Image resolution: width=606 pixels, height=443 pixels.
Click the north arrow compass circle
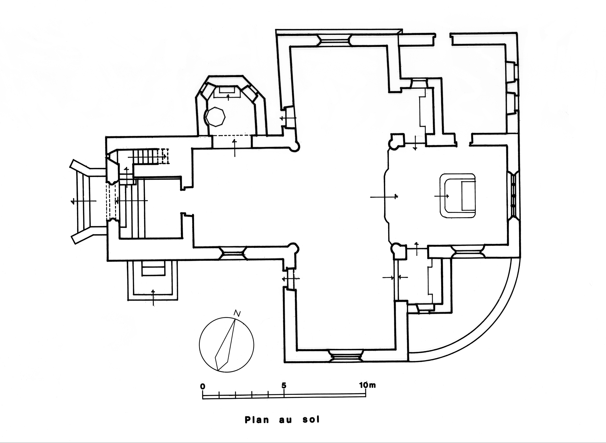pyautogui.click(x=226, y=345)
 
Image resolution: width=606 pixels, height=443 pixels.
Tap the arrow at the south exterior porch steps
pyautogui.click(x=153, y=297)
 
